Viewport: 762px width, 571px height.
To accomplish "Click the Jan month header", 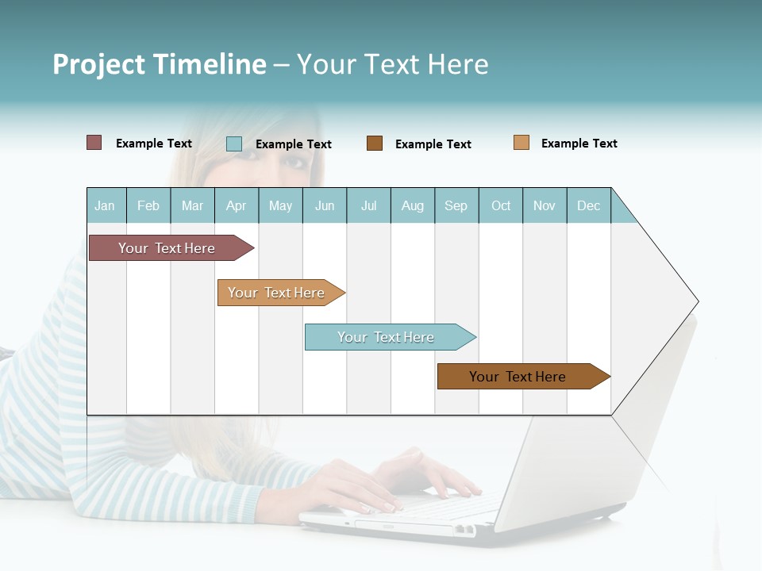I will (106, 205).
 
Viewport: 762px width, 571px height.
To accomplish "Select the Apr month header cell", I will (237, 205).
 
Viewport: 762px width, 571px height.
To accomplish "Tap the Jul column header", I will (368, 205).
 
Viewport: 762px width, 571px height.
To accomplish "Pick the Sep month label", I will (456, 205).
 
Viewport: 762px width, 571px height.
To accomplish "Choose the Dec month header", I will (588, 205).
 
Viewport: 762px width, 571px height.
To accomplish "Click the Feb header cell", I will (148, 205).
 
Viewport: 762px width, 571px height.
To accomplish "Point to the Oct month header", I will (501, 205).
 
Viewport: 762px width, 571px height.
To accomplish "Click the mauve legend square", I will (94, 143).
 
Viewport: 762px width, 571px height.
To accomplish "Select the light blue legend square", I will (234, 144).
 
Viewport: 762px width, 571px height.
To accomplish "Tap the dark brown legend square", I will (375, 144).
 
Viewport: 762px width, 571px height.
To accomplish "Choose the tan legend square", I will (521, 143).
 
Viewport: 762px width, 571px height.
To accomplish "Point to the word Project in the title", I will (98, 64).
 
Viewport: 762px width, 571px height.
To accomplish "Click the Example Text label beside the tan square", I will (579, 144).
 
